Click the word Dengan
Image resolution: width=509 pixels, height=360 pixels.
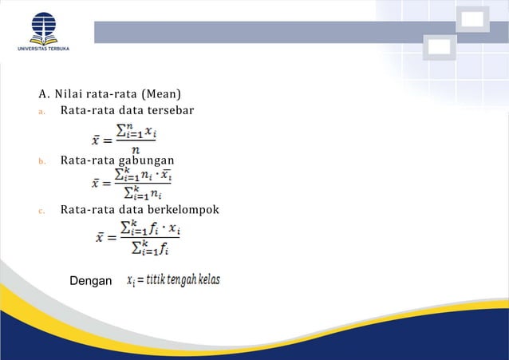tap(91, 281)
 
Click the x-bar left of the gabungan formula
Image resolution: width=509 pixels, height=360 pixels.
tap(97, 184)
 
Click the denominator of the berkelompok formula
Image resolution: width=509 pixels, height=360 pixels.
tap(148, 248)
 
